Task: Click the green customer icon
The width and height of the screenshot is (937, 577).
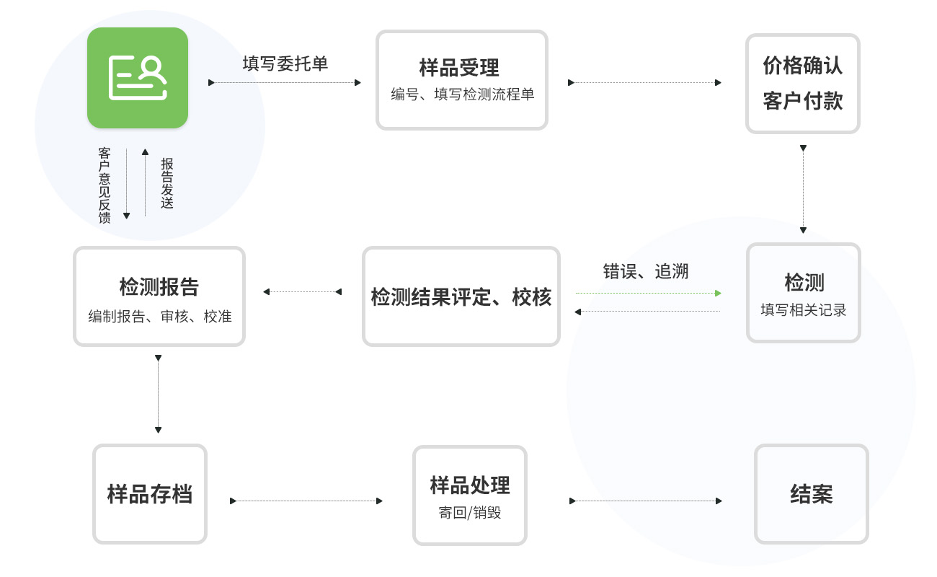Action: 138,78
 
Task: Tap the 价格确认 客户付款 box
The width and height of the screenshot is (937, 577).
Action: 802,83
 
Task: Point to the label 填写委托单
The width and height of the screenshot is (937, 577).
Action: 285,63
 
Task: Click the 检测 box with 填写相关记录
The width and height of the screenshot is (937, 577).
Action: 803,292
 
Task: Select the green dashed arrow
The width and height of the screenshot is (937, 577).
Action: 648,293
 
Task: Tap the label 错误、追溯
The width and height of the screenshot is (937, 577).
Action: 646,271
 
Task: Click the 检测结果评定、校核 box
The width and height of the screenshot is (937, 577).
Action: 461,296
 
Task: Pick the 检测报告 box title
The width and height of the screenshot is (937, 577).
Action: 159,287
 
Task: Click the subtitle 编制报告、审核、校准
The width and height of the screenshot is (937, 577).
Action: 160,317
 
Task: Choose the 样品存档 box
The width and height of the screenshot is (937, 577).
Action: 150,494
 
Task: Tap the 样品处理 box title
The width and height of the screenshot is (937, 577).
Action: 470,485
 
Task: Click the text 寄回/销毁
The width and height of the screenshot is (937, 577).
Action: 470,513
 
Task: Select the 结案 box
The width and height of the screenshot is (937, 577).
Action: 811,494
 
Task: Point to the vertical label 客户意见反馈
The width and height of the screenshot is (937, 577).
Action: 105,185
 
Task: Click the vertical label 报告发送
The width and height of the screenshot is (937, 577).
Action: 167,184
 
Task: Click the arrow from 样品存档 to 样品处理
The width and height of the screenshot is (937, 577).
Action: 306,501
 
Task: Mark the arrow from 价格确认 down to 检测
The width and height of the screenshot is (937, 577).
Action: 803,189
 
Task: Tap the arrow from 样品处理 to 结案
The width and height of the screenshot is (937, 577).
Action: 646,501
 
